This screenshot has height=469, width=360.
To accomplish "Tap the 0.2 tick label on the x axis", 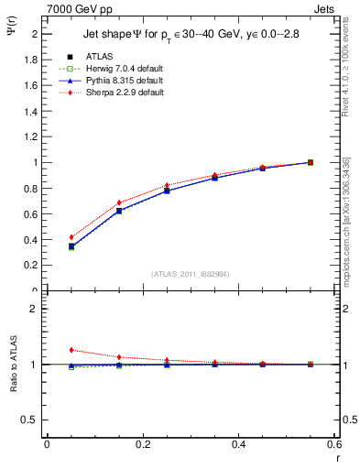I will tap(142, 444).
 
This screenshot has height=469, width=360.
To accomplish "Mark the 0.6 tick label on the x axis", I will tap(334, 444).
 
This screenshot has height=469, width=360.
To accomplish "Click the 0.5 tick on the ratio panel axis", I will tap(30, 420).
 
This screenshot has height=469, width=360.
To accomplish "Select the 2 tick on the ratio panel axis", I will tap(34, 309).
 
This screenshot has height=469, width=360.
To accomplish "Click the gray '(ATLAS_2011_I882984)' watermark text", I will tap(191, 274).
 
